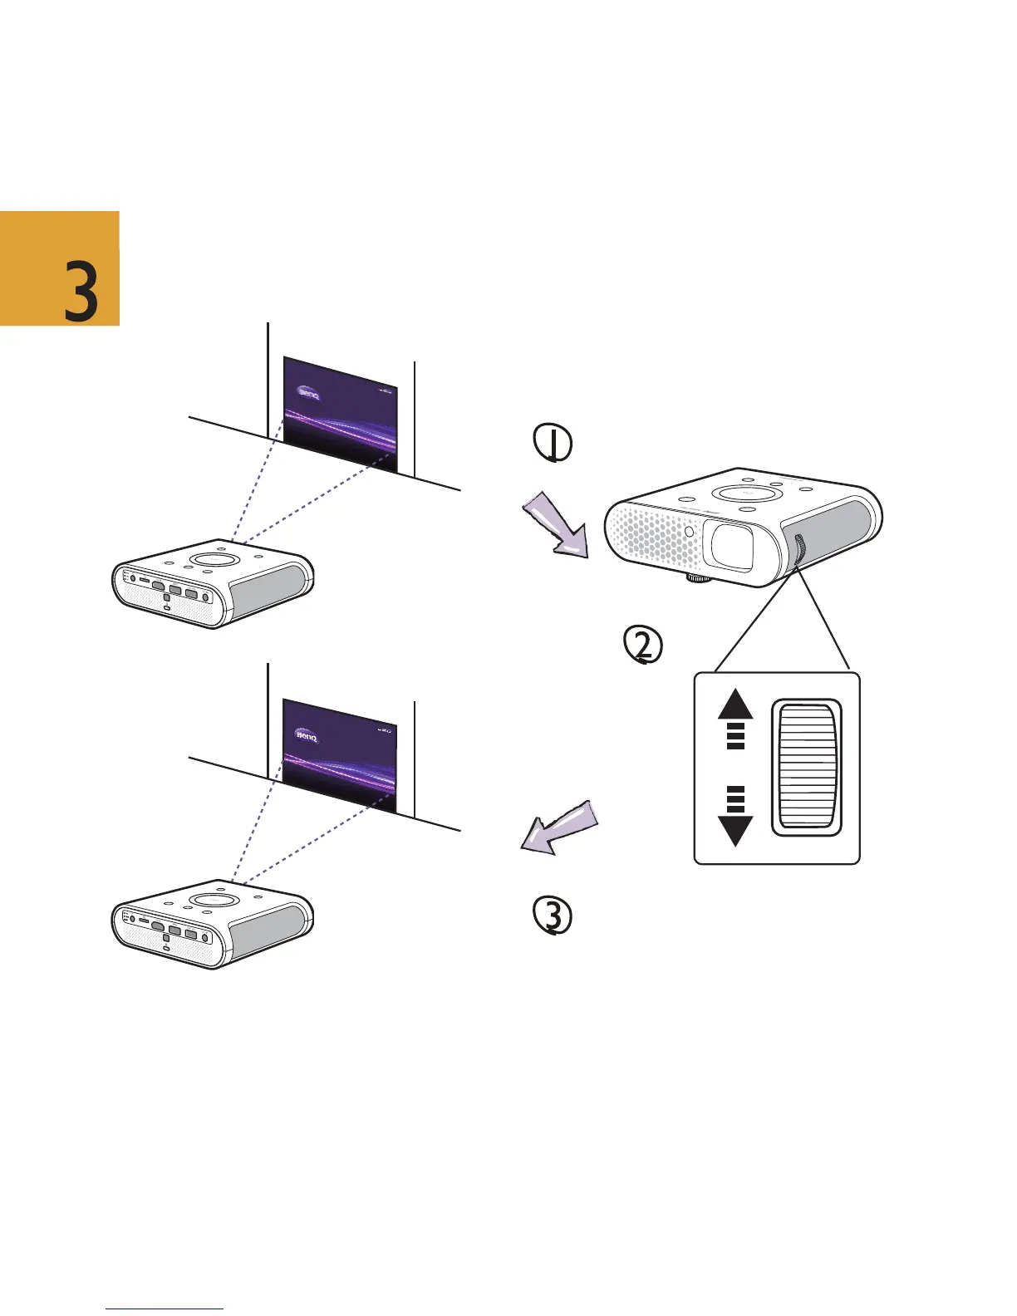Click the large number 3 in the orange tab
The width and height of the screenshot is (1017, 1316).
(81, 290)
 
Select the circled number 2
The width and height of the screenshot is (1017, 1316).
(643, 646)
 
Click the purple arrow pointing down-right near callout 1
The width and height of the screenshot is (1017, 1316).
(554, 525)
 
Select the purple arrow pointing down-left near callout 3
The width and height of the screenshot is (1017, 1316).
(558, 827)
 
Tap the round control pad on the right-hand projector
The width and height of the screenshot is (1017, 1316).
(745, 493)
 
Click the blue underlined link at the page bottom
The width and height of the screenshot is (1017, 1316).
(165, 1309)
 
